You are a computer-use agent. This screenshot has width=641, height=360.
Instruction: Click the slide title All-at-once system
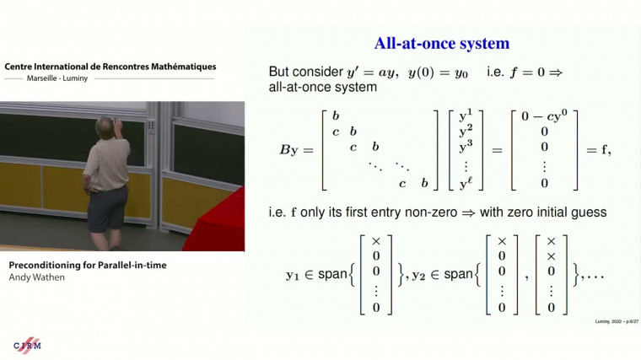[442, 43]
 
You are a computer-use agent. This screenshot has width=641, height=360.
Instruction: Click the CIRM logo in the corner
[27, 346]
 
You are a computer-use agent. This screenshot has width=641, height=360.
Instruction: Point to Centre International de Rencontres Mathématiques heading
[110, 66]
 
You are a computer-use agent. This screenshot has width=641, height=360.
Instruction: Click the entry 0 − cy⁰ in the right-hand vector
[544, 116]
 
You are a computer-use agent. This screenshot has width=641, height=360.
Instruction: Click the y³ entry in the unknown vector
[466, 149]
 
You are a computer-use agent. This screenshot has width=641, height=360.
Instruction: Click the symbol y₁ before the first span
[296, 274]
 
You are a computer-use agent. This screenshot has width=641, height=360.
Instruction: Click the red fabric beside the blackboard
[218, 221]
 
